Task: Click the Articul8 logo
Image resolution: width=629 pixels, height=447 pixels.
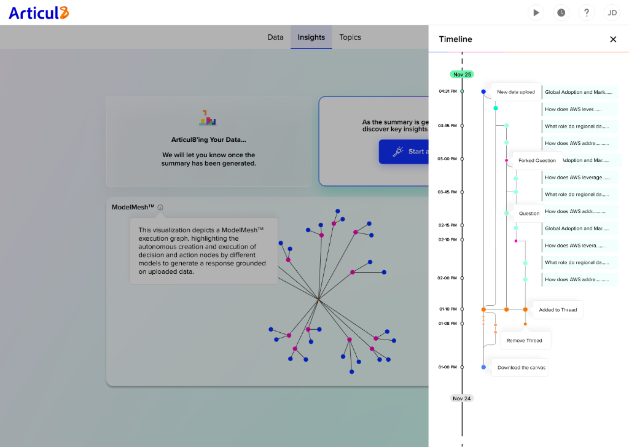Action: click(39, 13)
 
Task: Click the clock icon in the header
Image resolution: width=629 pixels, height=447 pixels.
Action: click(561, 12)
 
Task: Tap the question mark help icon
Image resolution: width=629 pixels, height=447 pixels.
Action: click(587, 12)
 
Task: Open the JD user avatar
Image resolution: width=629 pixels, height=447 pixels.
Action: click(612, 12)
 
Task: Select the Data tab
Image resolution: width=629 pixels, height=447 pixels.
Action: click(275, 37)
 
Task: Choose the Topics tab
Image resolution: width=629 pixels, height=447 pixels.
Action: click(350, 37)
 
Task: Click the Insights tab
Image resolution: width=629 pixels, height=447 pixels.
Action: click(311, 37)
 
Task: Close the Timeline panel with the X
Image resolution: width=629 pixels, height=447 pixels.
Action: click(613, 39)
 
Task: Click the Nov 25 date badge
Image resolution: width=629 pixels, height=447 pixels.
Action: click(462, 74)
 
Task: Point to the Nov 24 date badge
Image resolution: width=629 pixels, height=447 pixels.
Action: click(462, 398)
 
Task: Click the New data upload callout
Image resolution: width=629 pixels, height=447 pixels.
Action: click(515, 92)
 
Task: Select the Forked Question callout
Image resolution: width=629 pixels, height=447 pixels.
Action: click(537, 161)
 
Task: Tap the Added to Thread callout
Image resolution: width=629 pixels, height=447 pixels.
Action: click(558, 310)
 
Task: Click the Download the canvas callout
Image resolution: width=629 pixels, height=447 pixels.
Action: click(521, 368)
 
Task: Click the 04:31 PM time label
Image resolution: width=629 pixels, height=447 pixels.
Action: click(447, 91)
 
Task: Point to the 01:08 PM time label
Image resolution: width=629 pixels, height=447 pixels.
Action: click(447, 323)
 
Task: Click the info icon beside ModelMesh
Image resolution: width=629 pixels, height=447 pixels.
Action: click(160, 208)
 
